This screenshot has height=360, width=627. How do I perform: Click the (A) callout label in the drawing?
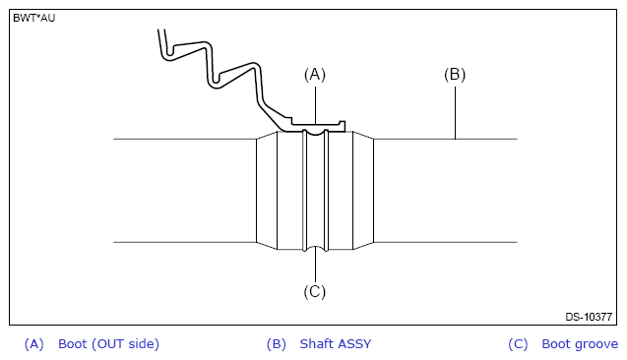coord(315,75)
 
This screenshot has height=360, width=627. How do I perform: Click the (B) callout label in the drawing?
coord(455,75)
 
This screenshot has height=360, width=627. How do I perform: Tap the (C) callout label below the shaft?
coord(315,292)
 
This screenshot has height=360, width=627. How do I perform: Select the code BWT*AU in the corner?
coord(34,18)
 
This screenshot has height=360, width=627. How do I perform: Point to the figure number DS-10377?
coord(589,317)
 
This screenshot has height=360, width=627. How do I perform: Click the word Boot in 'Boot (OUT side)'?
coord(73,343)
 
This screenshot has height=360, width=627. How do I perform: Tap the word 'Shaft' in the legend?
coord(314,343)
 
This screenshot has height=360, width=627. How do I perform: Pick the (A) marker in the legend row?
coord(34,344)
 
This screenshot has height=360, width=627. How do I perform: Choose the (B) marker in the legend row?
coord(277,344)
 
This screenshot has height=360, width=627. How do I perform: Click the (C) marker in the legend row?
coord(518,344)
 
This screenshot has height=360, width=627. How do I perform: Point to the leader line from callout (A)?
coord(315,105)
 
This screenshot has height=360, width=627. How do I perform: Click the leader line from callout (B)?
coord(455,113)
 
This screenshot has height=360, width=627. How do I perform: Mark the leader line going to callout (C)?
coord(315,265)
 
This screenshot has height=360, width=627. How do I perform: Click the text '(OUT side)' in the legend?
coord(125,344)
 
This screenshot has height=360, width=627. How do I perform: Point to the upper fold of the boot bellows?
coord(188,50)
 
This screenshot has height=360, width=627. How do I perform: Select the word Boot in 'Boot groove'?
coord(556,343)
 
